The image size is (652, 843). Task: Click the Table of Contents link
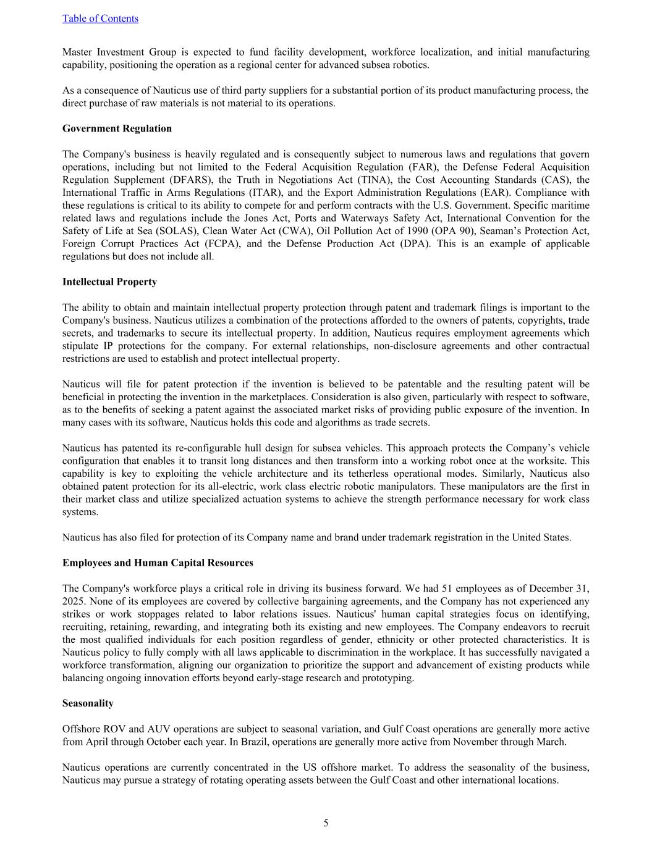click(x=100, y=19)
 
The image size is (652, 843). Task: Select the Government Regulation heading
click(x=117, y=128)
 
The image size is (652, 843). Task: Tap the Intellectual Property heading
click(x=109, y=282)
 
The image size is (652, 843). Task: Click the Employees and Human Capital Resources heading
click(x=158, y=563)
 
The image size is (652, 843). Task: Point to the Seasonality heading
click(x=88, y=703)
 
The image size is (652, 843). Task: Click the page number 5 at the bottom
click(x=326, y=823)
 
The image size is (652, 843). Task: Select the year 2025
click(x=74, y=601)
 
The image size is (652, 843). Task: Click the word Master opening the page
click(x=78, y=52)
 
